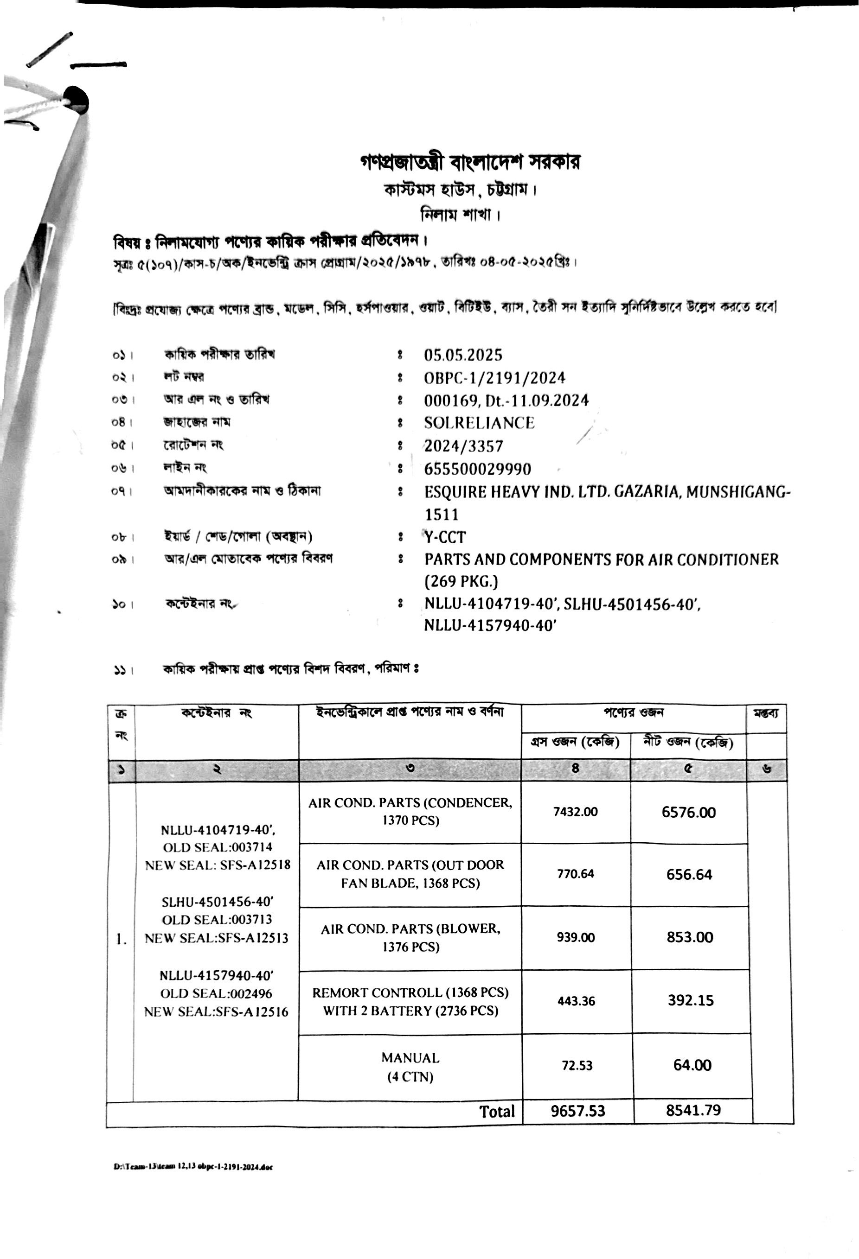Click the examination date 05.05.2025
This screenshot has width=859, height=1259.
tap(463, 356)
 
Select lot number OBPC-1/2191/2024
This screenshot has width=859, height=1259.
tap(494, 378)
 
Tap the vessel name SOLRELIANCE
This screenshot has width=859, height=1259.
tap(479, 423)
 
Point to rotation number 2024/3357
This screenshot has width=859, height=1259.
tap(463, 446)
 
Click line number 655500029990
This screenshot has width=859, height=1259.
tap(477, 469)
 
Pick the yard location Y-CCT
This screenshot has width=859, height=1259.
tap(445, 537)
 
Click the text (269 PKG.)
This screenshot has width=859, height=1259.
tap(461, 581)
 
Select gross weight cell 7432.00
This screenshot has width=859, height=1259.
tap(575, 812)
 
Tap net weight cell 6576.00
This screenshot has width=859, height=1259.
tap(688, 812)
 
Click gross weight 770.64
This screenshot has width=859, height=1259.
tap(575, 874)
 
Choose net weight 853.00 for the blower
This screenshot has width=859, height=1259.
tap(689, 937)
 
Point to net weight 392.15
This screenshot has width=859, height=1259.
tap(691, 1000)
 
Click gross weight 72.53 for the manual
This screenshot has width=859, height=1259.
tap(577, 1065)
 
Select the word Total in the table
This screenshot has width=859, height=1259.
tap(496, 1112)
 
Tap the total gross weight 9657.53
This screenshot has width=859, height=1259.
tap(578, 1111)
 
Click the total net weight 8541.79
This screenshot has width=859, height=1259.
tap(693, 1111)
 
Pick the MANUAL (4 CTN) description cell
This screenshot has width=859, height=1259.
tap(410, 1067)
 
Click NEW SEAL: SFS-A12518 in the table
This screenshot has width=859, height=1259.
tap(218, 865)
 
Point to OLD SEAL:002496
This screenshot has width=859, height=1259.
tap(216, 993)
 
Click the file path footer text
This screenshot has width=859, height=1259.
tap(193, 1167)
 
